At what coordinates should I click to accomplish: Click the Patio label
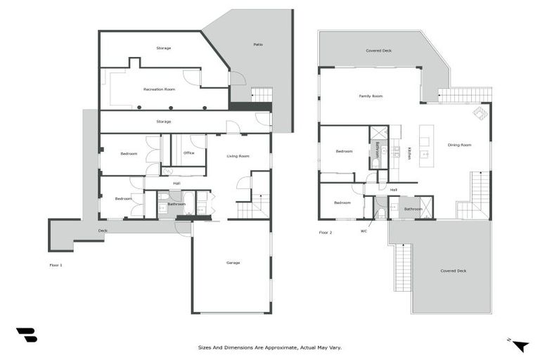(258, 44)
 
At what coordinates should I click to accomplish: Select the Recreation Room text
(159, 89)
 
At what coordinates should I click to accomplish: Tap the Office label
(188, 153)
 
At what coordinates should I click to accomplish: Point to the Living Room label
(238, 156)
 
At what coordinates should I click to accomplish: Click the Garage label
(233, 262)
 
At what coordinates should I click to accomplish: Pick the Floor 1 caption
(56, 265)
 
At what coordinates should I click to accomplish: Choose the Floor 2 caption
(325, 231)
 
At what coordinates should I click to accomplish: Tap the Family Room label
(371, 96)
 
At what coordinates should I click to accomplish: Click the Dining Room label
(459, 145)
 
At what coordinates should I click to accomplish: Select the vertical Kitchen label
(409, 153)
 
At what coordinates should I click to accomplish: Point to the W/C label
(364, 231)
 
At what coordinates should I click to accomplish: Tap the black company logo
(26, 335)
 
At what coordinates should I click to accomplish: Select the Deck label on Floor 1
(103, 230)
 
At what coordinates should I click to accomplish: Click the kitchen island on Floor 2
(425, 146)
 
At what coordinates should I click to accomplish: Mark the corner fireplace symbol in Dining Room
(480, 113)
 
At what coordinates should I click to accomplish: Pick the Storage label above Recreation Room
(163, 48)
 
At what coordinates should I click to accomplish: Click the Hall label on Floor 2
(394, 189)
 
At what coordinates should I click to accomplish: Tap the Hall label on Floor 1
(176, 184)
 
